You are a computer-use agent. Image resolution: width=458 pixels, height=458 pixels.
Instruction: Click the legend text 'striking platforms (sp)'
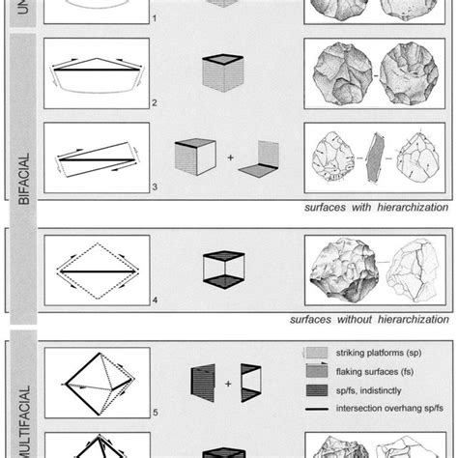coord(381,356)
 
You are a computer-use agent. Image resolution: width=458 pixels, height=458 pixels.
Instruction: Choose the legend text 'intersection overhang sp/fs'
coord(386,408)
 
